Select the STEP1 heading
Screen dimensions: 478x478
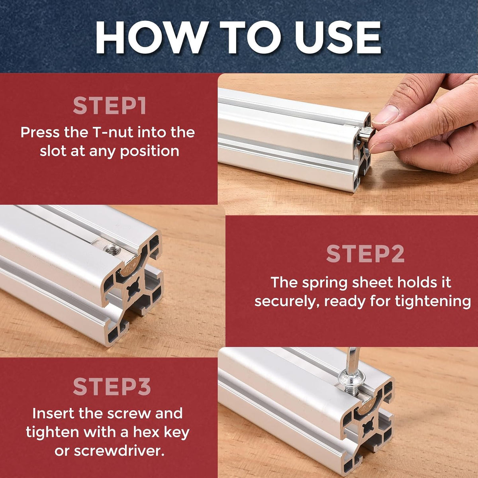tap(110, 106)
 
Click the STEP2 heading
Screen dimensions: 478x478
tap(365, 253)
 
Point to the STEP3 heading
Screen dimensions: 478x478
tap(112, 386)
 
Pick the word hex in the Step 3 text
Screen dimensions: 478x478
tap(146, 432)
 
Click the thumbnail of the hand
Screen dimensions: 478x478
tap(386, 114)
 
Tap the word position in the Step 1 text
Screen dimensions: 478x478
tap(150, 151)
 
